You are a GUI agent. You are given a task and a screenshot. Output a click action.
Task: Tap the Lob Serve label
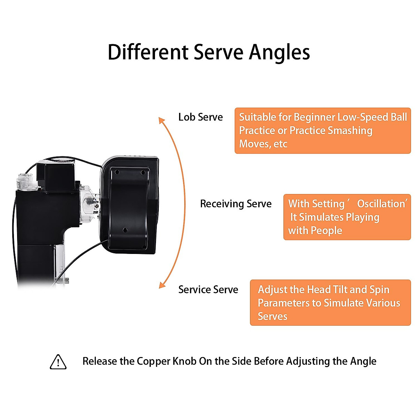(x=200, y=117)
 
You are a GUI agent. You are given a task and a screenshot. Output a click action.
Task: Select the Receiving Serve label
(x=236, y=204)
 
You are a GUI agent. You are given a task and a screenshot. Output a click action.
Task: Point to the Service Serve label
(x=208, y=289)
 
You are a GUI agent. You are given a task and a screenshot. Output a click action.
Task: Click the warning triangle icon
(x=58, y=362)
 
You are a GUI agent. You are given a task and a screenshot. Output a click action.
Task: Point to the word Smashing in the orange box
(x=350, y=131)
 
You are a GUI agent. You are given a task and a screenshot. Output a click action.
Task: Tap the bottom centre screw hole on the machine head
(x=125, y=230)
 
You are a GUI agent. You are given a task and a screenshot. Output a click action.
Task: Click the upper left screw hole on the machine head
(x=117, y=172)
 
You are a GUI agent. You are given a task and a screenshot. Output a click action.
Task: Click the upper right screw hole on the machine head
(x=143, y=172)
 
